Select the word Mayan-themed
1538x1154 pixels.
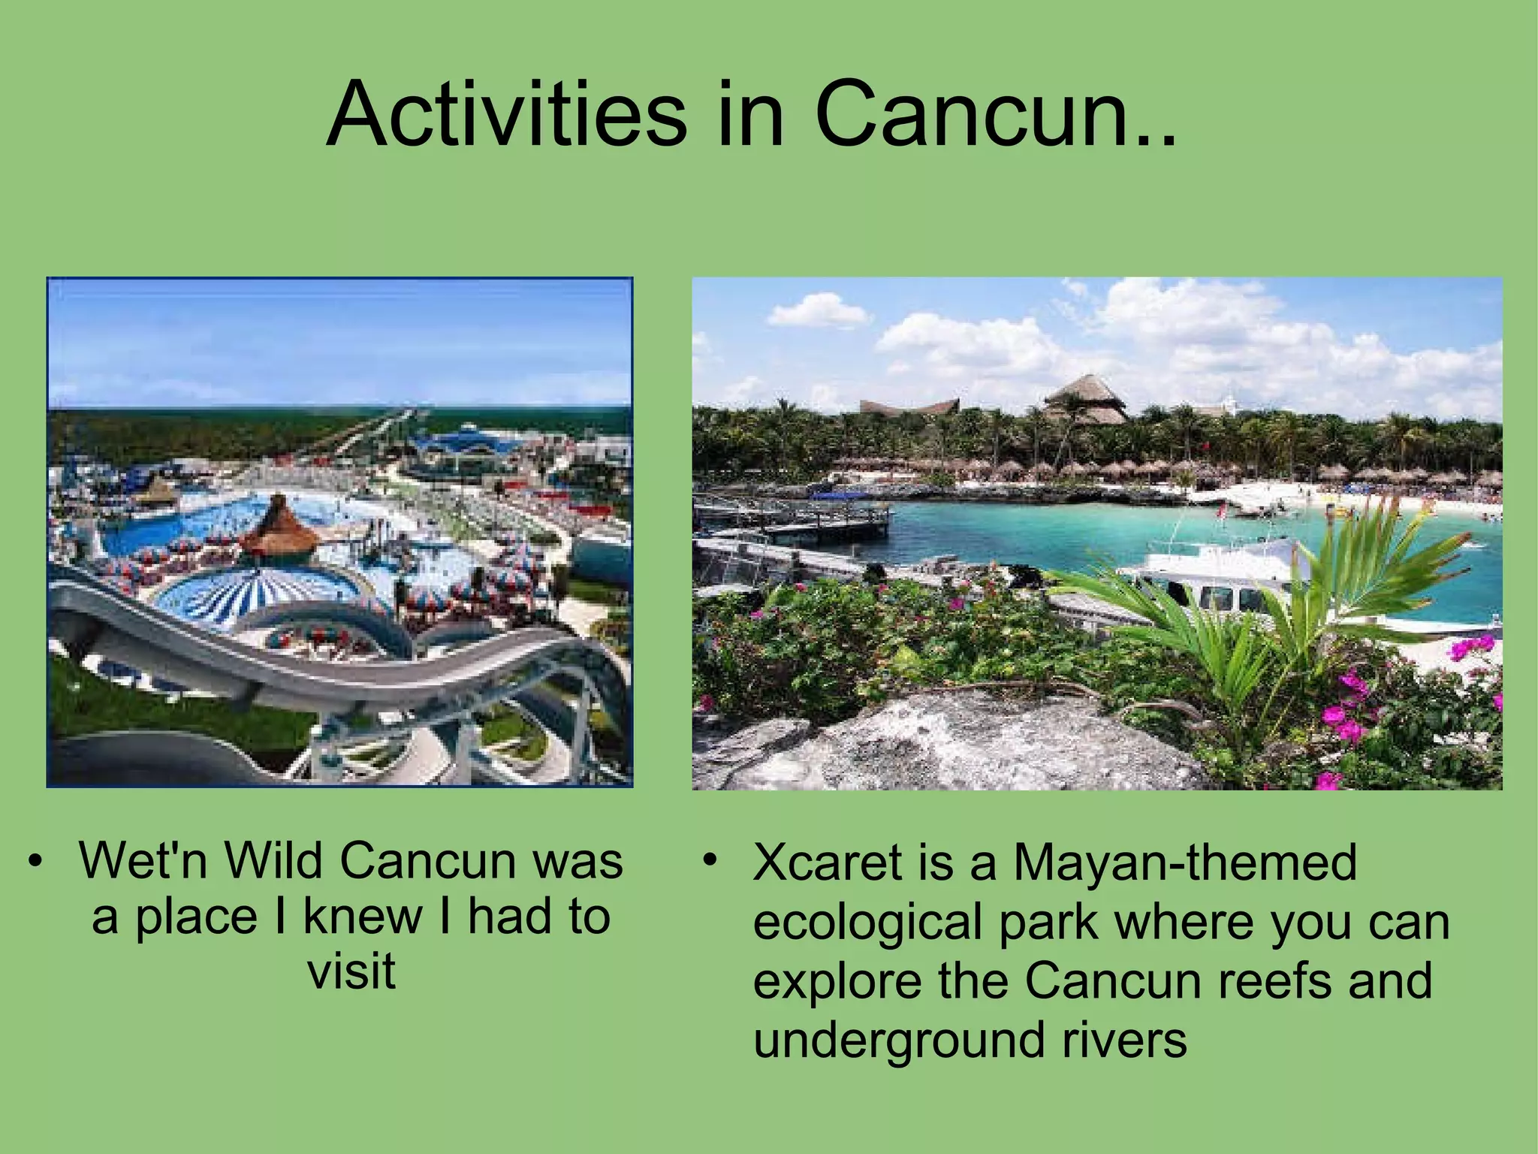[1185, 862]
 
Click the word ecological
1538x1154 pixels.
[867, 923]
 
